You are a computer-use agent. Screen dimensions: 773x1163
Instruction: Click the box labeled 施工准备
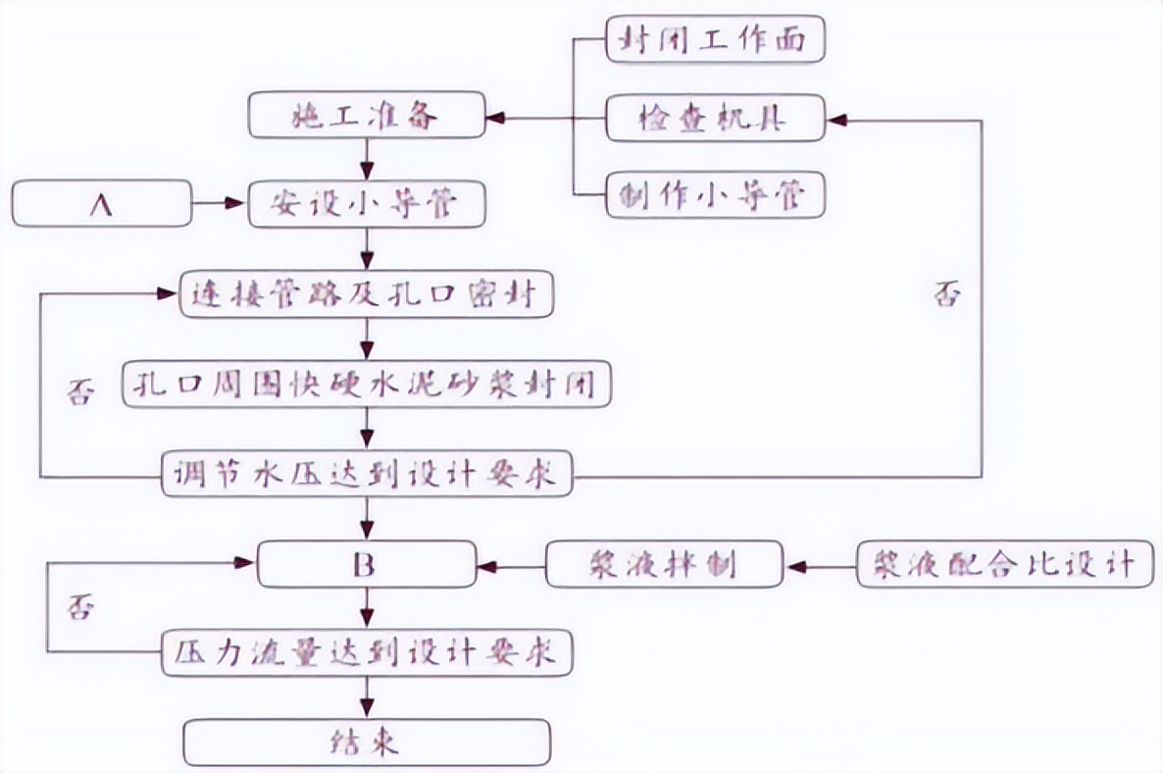[x=366, y=117]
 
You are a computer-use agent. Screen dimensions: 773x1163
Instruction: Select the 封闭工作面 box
[x=714, y=40]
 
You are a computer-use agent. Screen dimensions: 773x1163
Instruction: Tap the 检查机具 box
[x=714, y=120]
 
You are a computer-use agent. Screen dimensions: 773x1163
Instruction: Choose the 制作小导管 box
[x=714, y=194]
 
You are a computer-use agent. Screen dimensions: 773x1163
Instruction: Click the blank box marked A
[x=102, y=205]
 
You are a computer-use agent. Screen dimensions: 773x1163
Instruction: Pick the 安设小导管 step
[x=366, y=205]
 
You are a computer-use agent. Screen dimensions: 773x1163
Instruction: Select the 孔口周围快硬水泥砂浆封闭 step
[x=366, y=384]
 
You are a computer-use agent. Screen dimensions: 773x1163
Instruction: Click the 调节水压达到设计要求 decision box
[x=366, y=478]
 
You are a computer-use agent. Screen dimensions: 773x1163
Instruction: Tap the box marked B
[x=366, y=565]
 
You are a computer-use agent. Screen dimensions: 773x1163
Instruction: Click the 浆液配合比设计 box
[x=996, y=565]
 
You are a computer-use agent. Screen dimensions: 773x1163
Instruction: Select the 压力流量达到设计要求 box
[x=366, y=652]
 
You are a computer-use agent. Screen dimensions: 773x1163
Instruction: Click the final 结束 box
[x=366, y=743]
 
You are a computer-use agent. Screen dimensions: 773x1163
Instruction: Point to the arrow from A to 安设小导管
[x=220, y=205]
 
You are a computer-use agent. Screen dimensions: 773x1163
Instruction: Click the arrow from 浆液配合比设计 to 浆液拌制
[x=820, y=566]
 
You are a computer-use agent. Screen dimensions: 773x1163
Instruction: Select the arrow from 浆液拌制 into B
[x=510, y=566]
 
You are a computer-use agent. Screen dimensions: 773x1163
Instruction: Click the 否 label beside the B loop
[x=80, y=607]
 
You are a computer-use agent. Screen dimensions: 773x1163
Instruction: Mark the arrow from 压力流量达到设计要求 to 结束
[x=367, y=696]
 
